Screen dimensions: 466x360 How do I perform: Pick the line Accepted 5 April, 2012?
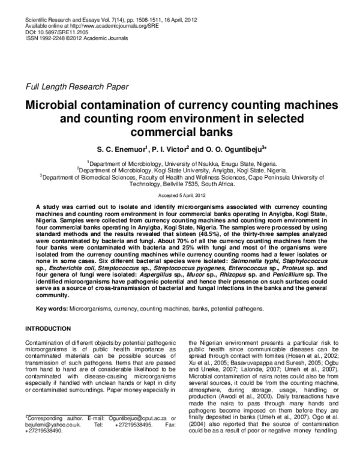[x=179, y=196]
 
